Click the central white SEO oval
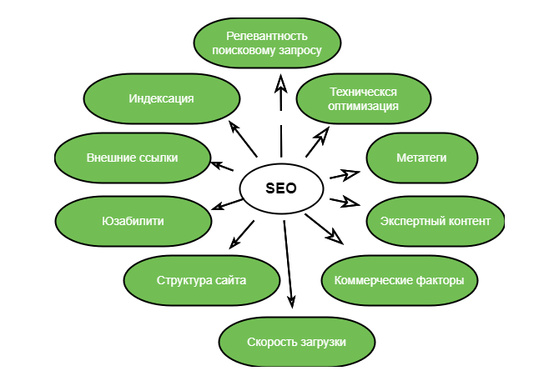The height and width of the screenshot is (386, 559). [280, 188]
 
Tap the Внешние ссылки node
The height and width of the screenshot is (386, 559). [132, 158]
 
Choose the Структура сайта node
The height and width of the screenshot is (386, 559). [201, 280]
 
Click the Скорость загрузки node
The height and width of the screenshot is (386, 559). [296, 342]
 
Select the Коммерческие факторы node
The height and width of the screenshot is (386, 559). [399, 280]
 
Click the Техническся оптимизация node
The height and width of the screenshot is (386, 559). [364, 99]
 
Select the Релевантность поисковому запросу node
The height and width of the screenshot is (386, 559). [267, 43]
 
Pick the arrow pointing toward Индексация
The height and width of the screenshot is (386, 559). [243, 138]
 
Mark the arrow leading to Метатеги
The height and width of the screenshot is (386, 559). [344, 175]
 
